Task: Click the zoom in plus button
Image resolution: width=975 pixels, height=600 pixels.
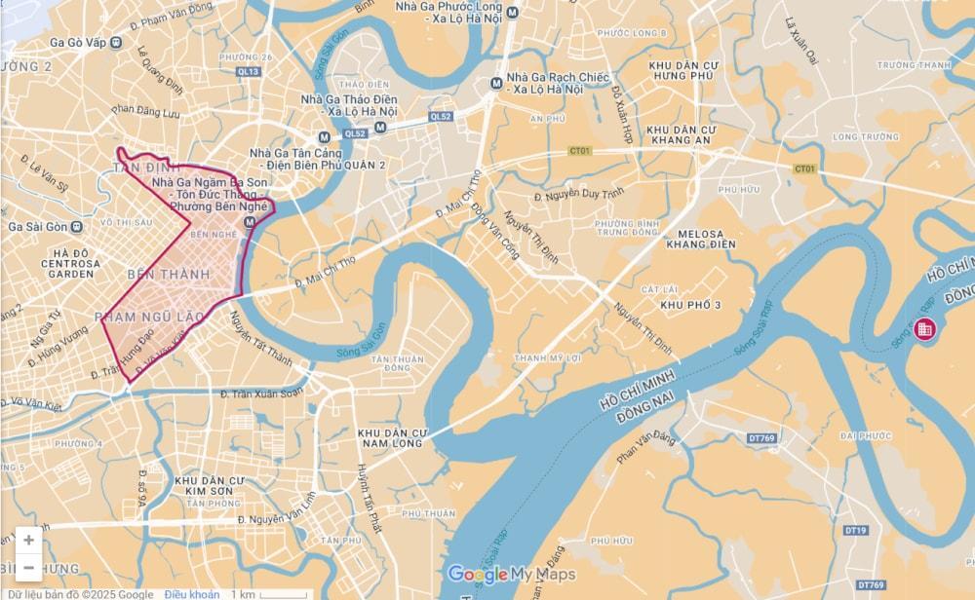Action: (28, 540)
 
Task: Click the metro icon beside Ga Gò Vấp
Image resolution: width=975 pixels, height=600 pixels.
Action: (116, 42)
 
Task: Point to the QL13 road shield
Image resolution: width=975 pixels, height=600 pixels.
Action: (249, 71)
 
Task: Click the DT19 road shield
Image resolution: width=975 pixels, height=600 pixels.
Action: (855, 531)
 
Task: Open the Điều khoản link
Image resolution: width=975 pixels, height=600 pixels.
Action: (191, 594)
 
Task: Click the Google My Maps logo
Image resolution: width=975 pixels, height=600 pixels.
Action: (511, 574)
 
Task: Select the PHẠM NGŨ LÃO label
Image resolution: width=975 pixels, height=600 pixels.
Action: (149, 317)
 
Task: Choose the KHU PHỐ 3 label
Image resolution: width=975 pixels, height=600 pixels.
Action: (690, 306)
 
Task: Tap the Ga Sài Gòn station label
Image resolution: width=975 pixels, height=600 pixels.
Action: (37, 227)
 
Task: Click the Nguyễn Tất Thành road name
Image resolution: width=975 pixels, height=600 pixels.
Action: (259, 338)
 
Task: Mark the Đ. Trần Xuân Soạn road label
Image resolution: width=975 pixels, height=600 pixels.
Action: (262, 394)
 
